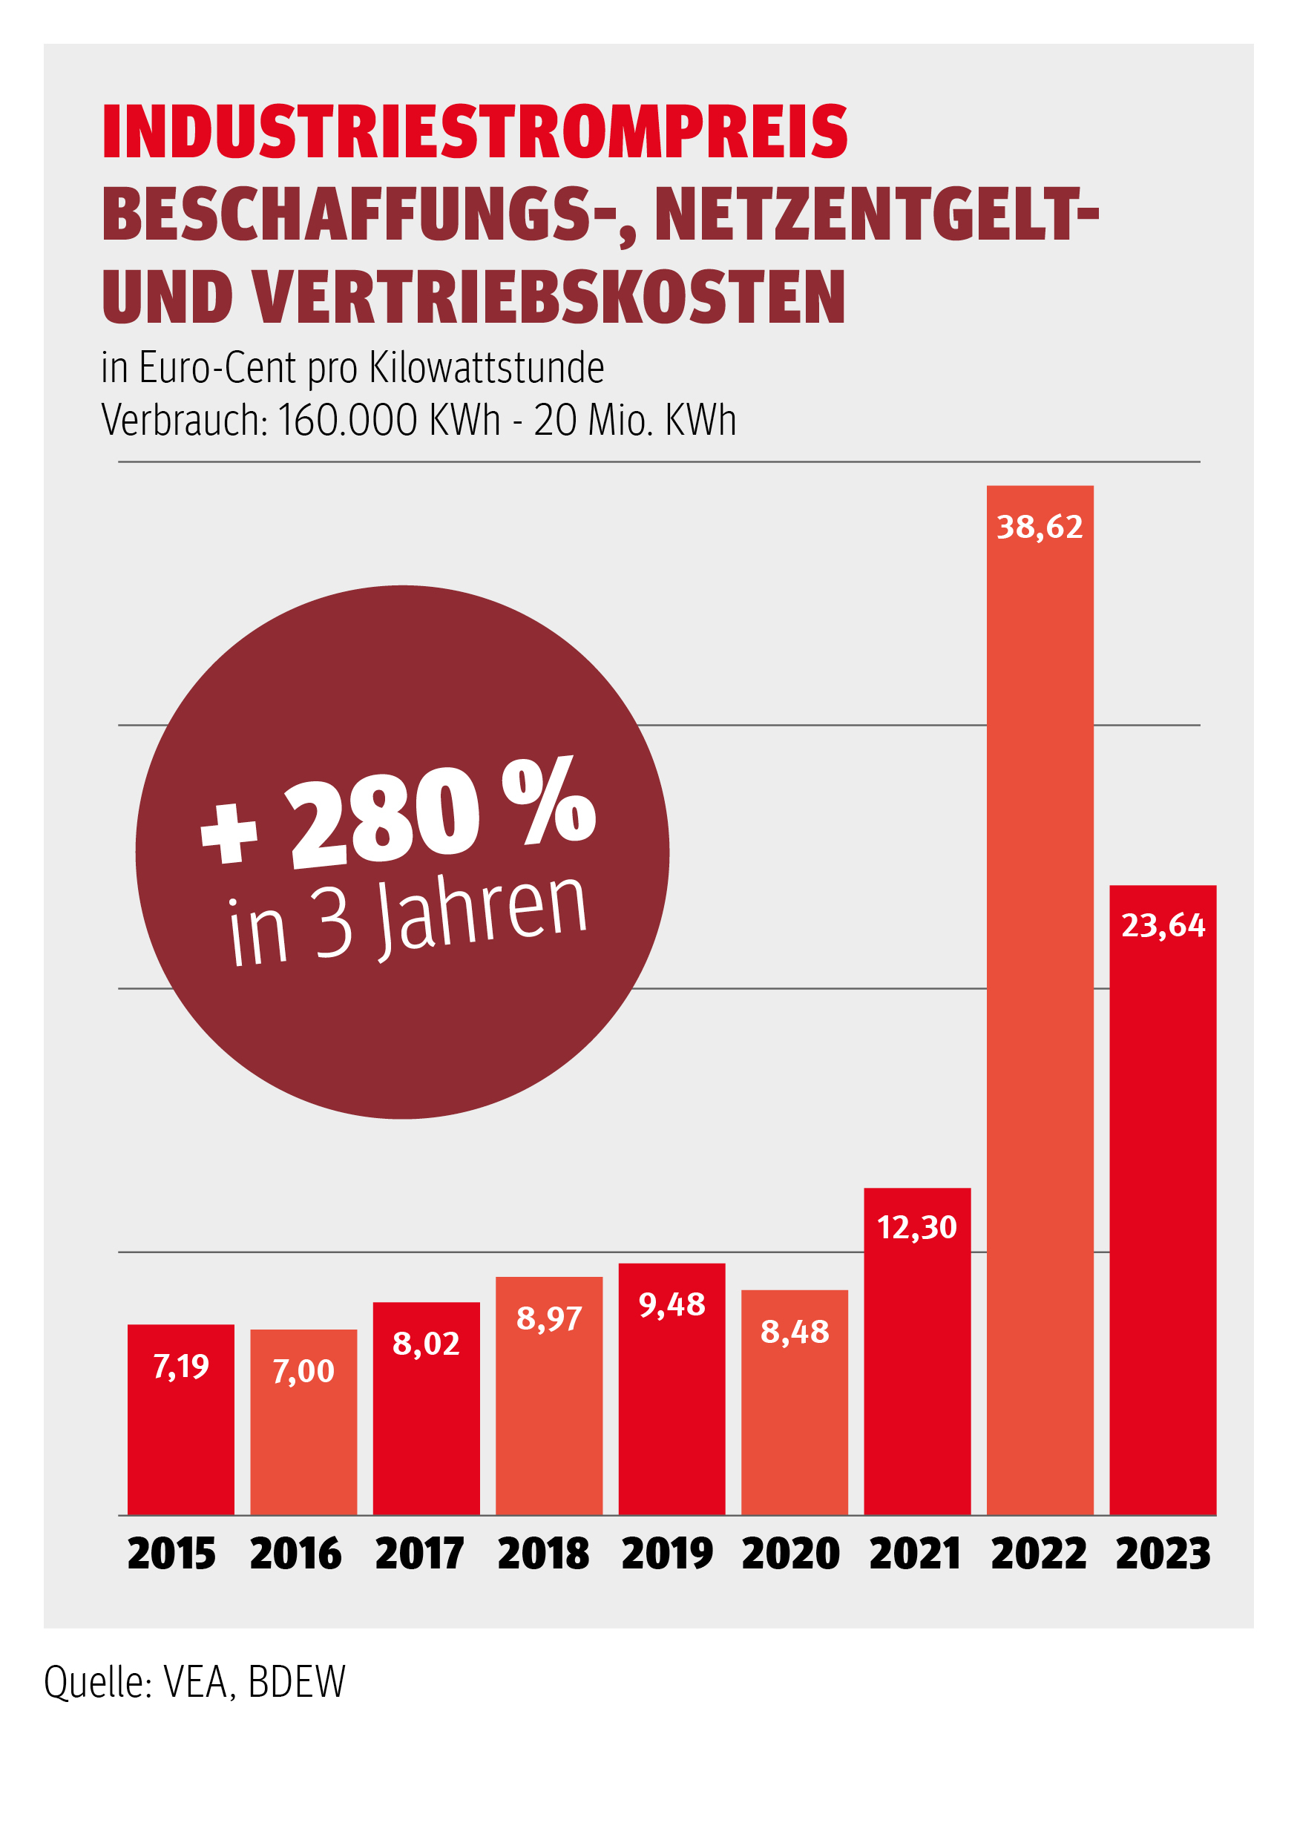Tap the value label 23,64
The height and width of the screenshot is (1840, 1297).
[1163, 926]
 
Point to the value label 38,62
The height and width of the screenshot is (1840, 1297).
[1040, 528]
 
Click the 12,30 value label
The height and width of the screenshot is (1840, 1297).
[917, 1227]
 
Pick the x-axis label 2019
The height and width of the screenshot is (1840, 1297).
[667, 1554]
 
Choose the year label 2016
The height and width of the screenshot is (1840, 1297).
[296, 1554]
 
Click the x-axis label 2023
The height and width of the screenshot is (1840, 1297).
[1163, 1554]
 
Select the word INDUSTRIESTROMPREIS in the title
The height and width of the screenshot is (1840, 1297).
[475, 132]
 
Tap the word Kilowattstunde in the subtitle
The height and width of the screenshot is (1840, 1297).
[487, 368]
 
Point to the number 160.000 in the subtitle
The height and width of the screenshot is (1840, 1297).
[348, 420]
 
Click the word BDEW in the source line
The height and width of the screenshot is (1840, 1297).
[297, 1682]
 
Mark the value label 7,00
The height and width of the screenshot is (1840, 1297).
[303, 1371]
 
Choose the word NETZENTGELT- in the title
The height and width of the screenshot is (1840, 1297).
[877, 214]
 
